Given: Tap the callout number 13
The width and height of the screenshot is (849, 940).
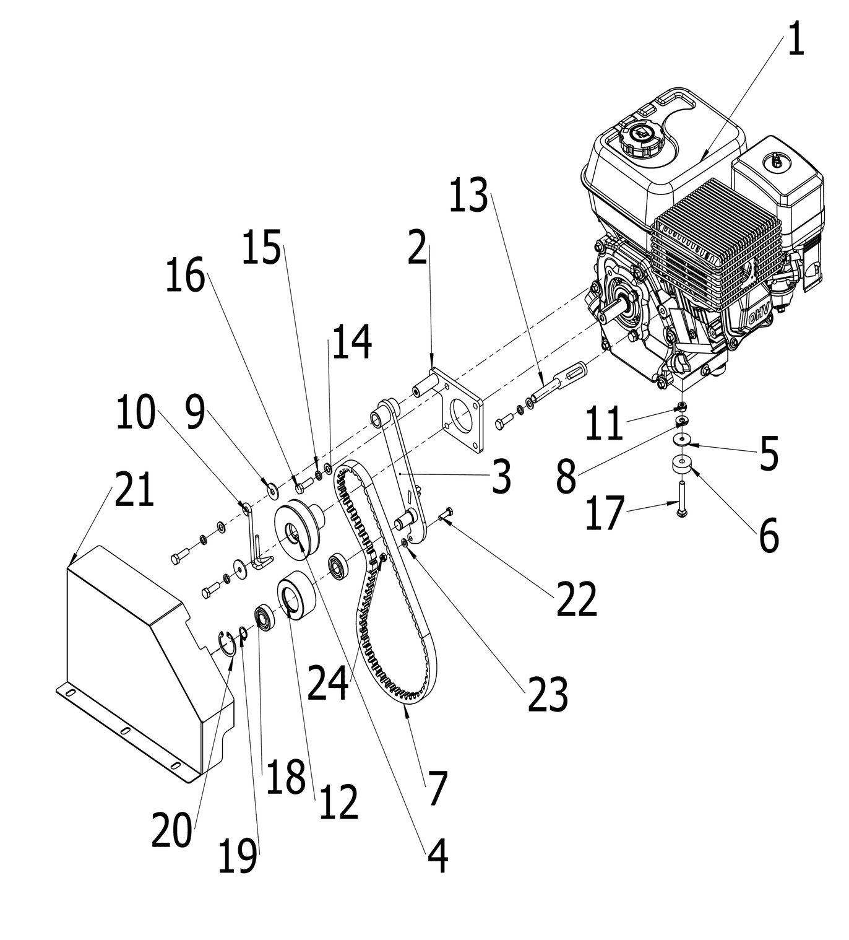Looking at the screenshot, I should coord(468,196).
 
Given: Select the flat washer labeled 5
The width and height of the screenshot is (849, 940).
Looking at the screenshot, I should coord(681,440).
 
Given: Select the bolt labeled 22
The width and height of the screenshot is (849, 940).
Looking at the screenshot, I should coord(447,513).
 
